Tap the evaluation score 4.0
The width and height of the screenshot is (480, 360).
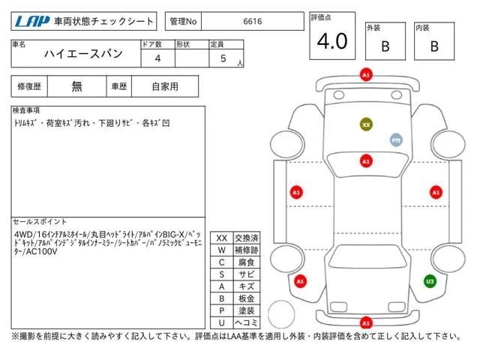click(x=332, y=41)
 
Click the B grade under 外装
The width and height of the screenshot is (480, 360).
click(x=385, y=46)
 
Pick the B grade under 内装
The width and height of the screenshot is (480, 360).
click(x=434, y=46)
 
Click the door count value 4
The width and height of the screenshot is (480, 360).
click(x=157, y=58)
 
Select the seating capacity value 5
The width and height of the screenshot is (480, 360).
click(x=223, y=58)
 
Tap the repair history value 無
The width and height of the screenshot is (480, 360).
click(x=77, y=86)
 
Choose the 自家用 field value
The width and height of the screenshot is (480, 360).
click(x=165, y=86)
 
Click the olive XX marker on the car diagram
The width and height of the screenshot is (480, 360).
click(x=366, y=124)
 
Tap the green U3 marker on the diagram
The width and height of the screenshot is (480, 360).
click(x=430, y=281)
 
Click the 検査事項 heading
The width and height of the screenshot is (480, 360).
click(x=27, y=110)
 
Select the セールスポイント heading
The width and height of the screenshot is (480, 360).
click(x=40, y=222)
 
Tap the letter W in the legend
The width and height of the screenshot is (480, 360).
click(x=221, y=250)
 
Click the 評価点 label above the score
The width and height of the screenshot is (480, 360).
click(x=321, y=16)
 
